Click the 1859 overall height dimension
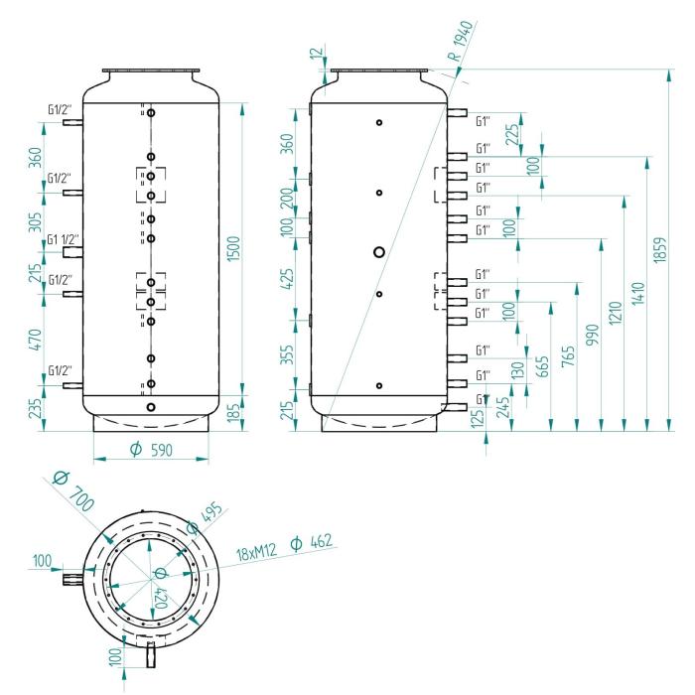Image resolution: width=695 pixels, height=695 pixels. [659, 250]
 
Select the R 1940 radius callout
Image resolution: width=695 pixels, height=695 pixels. [460, 41]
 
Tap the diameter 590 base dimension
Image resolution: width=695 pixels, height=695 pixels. [152, 450]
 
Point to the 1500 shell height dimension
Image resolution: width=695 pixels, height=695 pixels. [233, 248]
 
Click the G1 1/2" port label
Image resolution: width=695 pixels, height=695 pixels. [63, 240]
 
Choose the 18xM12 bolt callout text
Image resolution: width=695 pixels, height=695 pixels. [256, 552]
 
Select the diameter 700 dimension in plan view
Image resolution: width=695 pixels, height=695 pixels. [73, 491]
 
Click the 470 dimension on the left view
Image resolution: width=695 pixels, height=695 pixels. [36, 340]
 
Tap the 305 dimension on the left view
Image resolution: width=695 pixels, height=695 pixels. [35, 222]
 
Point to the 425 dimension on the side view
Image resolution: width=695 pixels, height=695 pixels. [288, 279]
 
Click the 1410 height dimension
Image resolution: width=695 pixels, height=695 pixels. [638, 294]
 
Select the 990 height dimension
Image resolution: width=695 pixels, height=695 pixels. [592, 335]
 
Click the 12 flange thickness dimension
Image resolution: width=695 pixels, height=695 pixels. [316, 54]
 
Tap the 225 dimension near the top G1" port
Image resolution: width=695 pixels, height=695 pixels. [512, 134]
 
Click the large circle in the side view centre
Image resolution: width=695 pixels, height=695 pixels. [379, 252]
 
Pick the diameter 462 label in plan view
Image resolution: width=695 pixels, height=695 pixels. [311, 542]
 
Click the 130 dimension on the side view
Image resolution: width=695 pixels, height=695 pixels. [517, 369]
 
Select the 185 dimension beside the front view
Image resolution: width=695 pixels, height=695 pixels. [233, 411]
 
